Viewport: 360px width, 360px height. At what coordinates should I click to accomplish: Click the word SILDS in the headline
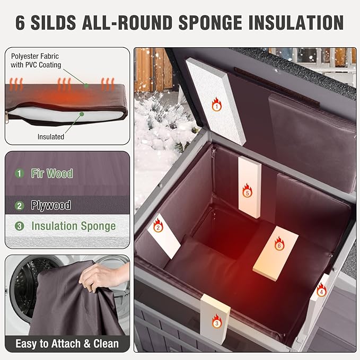[x=53, y=22]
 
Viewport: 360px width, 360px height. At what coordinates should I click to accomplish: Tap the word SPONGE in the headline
[x=210, y=22]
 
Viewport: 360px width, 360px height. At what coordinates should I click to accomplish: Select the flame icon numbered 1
[x=216, y=104]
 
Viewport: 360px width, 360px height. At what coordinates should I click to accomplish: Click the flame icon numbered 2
[x=158, y=225]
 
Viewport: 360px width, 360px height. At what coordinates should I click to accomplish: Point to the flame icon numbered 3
[x=216, y=321]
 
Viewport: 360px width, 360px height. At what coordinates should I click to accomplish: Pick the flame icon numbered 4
[x=321, y=290]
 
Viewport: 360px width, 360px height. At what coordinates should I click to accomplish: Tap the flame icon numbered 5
[x=247, y=190]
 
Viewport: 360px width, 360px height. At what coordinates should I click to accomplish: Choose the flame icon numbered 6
[x=279, y=243]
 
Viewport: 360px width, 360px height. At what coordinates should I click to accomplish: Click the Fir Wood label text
[x=52, y=173]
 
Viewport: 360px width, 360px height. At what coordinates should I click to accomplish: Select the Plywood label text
[x=51, y=205]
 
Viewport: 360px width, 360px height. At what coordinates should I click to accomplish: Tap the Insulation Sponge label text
[x=74, y=226]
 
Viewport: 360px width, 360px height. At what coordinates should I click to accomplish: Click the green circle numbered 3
[x=19, y=226]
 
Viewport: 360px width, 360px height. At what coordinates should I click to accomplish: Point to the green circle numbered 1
[x=19, y=173]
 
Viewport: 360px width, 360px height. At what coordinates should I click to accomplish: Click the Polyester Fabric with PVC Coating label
[x=36, y=60]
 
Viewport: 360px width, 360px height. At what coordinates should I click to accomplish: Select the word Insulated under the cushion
[x=51, y=137]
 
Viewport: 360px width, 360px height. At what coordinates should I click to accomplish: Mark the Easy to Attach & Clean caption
[x=67, y=344]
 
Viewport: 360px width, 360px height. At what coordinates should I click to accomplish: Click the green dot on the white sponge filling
[x=82, y=114]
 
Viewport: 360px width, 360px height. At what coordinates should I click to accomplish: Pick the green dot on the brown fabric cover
[x=86, y=86]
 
